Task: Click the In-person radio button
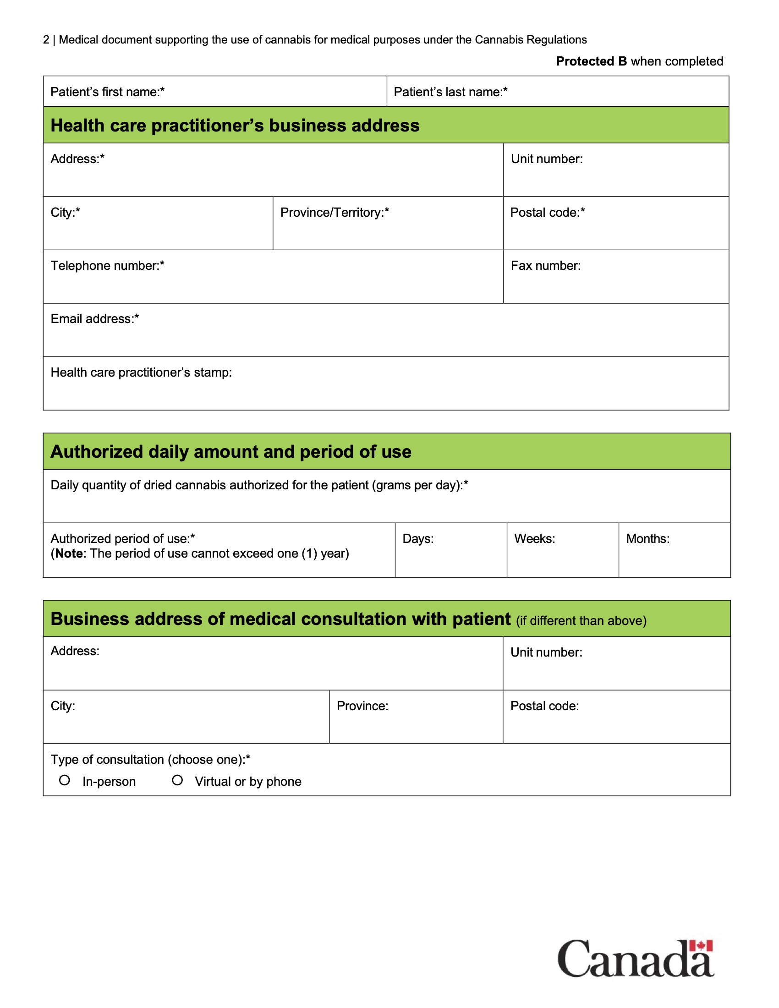point(65,780)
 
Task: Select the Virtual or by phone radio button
point(177,780)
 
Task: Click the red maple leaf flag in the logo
point(701,946)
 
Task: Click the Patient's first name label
point(107,92)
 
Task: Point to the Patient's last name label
point(450,92)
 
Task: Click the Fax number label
point(545,265)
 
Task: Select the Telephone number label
point(107,265)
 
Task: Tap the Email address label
point(94,318)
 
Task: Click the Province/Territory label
point(335,212)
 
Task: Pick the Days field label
point(418,539)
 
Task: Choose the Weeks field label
point(534,539)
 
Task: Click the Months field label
point(647,539)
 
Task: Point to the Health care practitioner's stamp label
point(141,372)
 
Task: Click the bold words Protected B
point(591,61)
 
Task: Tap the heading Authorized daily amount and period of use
point(231,451)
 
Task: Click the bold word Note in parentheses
point(69,553)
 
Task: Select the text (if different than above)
point(581,621)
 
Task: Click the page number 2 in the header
point(46,40)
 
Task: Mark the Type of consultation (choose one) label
point(150,759)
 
